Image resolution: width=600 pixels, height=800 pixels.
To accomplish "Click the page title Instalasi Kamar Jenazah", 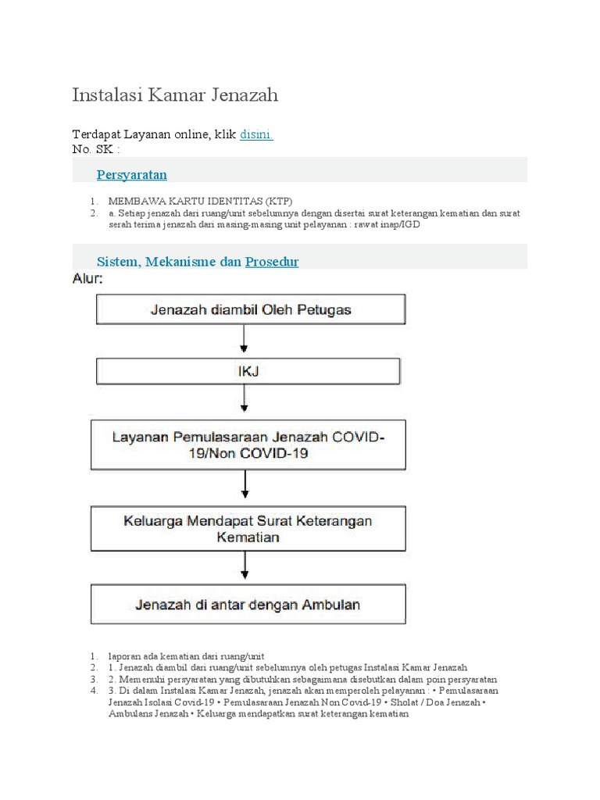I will point(175,95).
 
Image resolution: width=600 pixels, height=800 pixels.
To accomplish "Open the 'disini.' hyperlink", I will point(255,134).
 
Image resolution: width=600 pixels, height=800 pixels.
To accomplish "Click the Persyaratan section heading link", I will point(132,174).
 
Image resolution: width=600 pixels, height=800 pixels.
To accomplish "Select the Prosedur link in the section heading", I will point(272,262).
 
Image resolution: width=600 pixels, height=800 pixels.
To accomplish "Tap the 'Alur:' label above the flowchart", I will point(87,278).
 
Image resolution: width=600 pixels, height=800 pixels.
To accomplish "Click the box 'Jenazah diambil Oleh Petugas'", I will point(250,309).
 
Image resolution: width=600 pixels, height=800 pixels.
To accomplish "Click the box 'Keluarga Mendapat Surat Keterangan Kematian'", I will point(248,529).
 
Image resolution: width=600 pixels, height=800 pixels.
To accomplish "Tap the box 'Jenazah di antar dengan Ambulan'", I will point(248,605).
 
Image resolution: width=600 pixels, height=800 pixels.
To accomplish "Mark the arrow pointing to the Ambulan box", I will point(246,569).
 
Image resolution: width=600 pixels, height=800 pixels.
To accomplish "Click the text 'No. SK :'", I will point(96,149).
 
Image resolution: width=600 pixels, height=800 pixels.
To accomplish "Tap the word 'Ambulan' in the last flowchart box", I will point(328,605).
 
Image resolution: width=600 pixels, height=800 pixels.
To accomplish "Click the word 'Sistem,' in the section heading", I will point(117,262).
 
